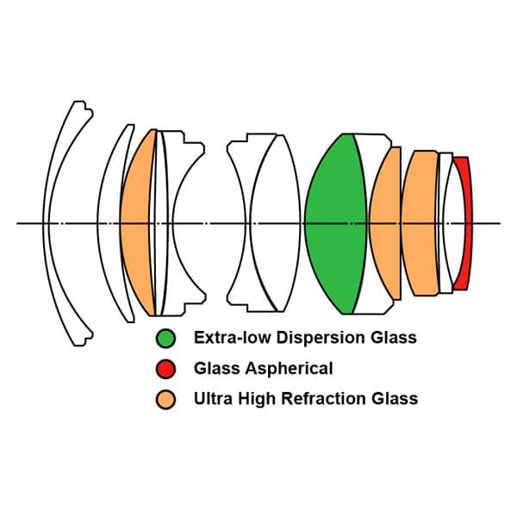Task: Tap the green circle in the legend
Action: tap(165, 338)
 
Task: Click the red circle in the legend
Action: tap(165, 369)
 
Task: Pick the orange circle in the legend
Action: tap(165, 399)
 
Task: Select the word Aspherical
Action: tap(289, 369)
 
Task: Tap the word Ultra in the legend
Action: tap(212, 399)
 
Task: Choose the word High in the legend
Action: tap(258, 399)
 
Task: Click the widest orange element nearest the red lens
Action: tap(420, 224)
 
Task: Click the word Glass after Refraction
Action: tap(396, 399)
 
